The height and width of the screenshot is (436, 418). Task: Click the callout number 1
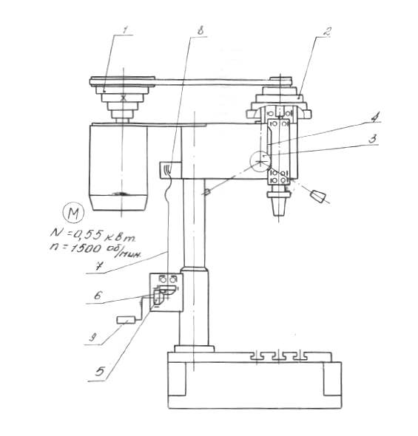[x=125, y=30]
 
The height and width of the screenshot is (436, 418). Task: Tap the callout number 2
[x=326, y=32]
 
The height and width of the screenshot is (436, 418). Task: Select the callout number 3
[x=372, y=139]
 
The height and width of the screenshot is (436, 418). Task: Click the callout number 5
[x=100, y=371]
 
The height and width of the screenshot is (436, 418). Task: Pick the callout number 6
[x=98, y=296]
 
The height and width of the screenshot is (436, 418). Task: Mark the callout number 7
[x=98, y=266]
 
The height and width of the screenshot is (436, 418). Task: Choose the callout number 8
[x=200, y=30]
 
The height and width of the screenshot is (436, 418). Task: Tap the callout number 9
[x=92, y=337]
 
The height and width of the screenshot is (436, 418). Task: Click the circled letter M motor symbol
[x=73, y=213]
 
